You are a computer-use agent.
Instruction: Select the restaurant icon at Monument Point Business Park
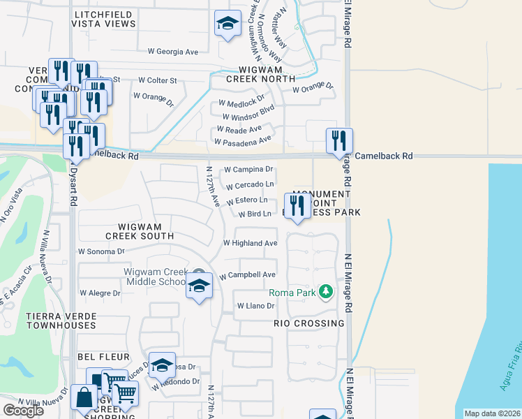point(298,206)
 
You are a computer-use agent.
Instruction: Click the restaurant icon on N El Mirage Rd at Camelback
point(339,141)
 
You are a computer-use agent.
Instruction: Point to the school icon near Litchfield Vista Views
point(227,24)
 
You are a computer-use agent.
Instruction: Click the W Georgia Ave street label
point(173,52)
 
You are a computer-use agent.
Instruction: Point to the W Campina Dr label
point(248,170)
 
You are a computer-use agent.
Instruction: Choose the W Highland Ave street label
point(250,243)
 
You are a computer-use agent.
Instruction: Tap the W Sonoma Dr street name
point(101,251)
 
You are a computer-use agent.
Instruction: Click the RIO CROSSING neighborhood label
point(310,323)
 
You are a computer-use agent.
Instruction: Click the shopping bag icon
point(84,398)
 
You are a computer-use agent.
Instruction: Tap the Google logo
point(23,411)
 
